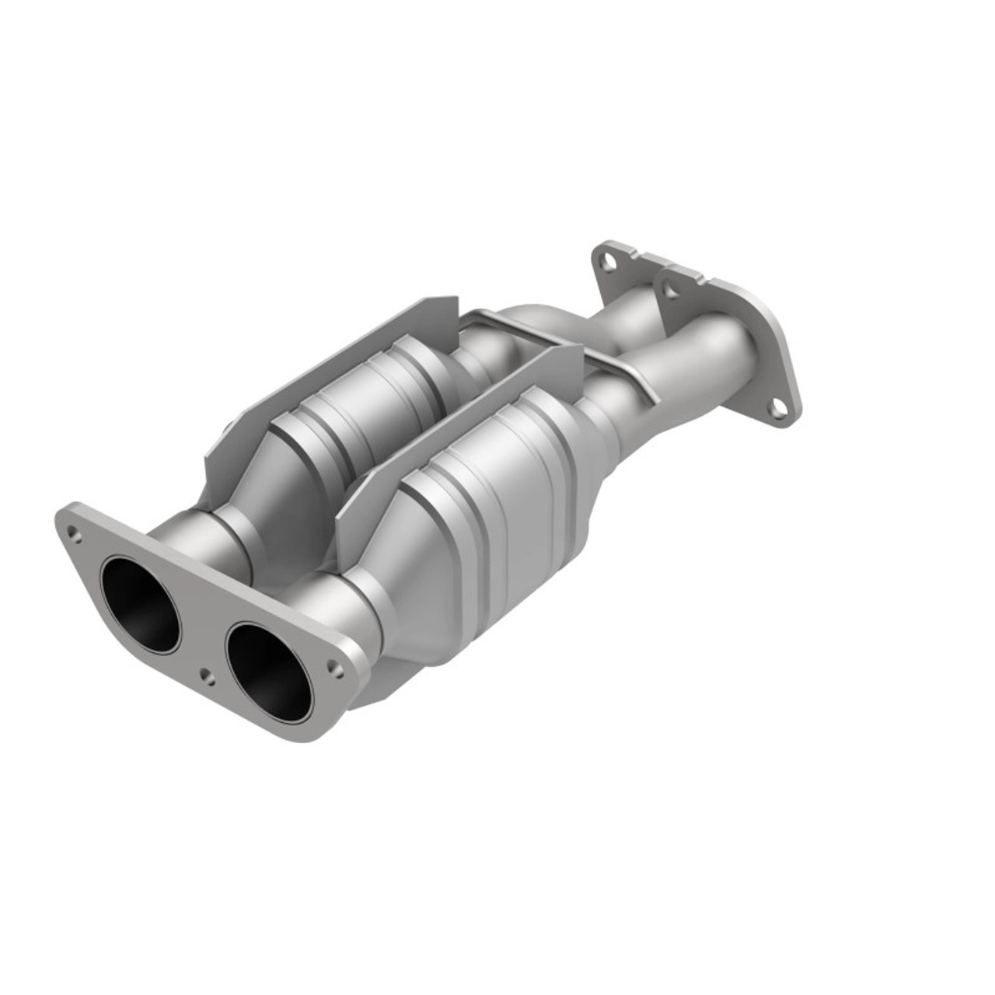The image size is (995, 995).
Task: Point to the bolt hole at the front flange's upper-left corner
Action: pyautogui.click(x=74, y=533)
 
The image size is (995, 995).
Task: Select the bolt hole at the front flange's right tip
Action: pyautogui.click(x=335, y=666)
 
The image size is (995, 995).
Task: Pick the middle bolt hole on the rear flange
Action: pyautogui.click(x=667, y=290)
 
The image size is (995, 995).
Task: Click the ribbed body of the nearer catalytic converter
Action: pyautogui.click(x=497, y=505)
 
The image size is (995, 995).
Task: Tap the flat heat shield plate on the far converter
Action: pyautogui.click(x=326, y=365)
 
